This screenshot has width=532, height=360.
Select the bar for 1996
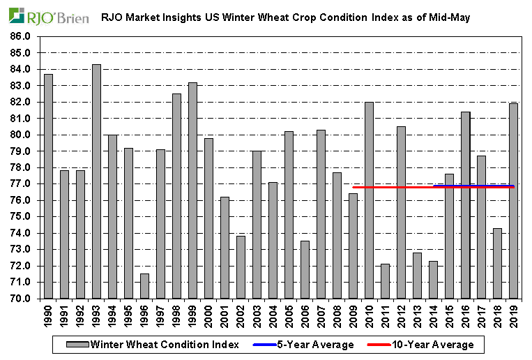tap(144, 286)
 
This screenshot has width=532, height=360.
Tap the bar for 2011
tap(386, 281)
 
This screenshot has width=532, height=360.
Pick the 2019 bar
tap(514, 201)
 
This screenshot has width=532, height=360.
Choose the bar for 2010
tap(370, 200)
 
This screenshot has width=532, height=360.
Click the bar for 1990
tap(48, 186)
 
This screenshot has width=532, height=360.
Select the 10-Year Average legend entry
tap(431, 345)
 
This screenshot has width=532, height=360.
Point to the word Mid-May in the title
tap(450, 16)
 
